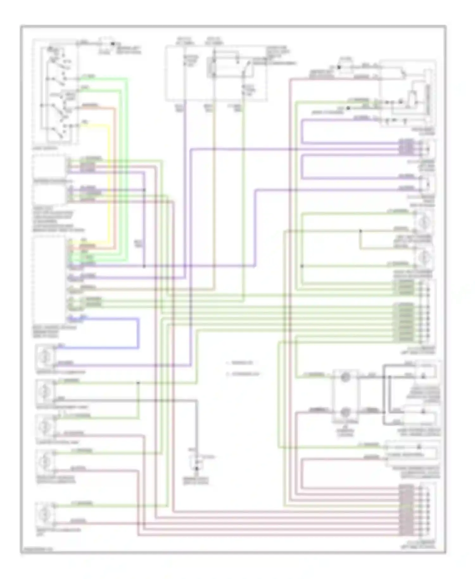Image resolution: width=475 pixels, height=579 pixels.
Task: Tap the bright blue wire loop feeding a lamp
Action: (138, 333)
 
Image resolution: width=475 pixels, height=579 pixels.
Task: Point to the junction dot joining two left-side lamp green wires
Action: (138, 383)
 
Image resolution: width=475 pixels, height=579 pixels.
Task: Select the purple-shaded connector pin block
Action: (406, 148)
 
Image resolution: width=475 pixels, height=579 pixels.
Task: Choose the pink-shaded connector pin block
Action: (406, 510)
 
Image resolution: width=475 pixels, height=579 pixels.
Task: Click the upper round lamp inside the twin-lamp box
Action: (345, 377)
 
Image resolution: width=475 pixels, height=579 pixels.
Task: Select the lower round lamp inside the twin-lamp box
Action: (345, 412)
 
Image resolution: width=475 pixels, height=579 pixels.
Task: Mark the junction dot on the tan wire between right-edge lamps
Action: (360, 231)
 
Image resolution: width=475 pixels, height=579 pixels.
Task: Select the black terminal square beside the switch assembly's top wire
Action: (112, 43)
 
